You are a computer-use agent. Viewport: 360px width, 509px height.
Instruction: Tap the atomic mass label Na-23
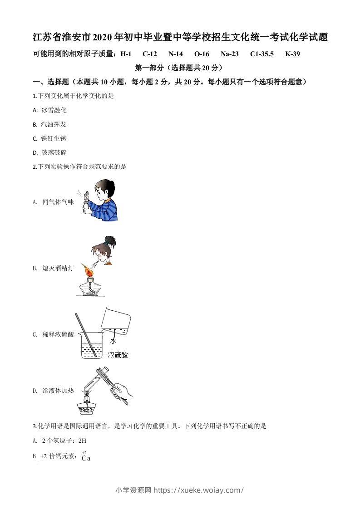(229, 54)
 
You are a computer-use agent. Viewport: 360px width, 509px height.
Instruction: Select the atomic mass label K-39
(292, 54)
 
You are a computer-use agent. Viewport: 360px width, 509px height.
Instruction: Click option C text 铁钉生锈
(54, 138)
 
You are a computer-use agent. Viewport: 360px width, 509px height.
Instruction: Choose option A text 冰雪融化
(54, 110)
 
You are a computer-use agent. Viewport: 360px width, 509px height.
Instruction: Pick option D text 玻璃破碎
(54, 152)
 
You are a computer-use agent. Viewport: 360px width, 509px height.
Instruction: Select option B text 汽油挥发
(54, 124)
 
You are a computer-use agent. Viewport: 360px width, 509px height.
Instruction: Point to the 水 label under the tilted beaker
(113, 341)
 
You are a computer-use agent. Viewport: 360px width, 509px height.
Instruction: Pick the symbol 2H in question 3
(82, 440)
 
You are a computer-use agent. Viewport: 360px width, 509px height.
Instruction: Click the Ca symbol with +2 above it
(86, 458)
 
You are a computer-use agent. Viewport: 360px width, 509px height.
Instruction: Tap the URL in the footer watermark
(199, 490)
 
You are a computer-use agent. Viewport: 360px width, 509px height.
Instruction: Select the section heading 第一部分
(149, 68)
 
